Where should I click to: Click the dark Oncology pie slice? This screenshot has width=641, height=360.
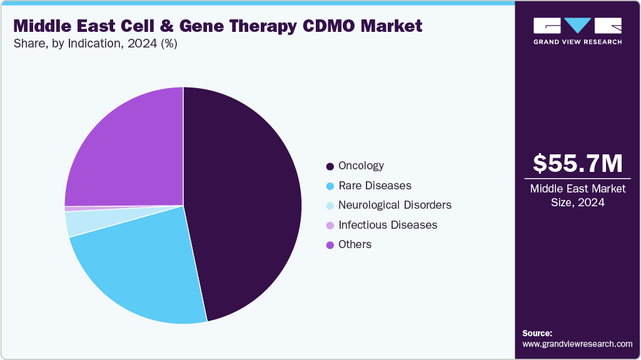click(x=244, y=200)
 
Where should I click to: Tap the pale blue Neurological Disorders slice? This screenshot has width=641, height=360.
click(x=78, y=222)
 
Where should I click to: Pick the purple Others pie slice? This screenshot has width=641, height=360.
click(x=125, y=150)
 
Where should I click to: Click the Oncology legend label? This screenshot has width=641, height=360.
click(x=361, y=166)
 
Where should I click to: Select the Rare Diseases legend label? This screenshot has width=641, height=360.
click(x=375, y=186)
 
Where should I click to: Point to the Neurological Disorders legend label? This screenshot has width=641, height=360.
click(x=395, y=205)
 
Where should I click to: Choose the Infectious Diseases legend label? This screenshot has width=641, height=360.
click(x=387, y=224)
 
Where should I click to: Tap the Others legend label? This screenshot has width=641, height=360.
click(x=355, y=244)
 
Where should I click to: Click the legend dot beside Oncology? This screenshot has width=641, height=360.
click(x=330, y=166)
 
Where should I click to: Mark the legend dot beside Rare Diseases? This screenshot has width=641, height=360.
click(x=330, y=186)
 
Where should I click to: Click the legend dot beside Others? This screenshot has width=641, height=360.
click(x=330, y=245)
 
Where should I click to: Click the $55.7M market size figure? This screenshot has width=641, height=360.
click(x=577, y=163)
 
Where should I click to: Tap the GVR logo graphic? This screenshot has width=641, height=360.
click(x=577, y=26)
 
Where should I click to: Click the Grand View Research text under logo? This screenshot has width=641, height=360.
click(x=577, y=42)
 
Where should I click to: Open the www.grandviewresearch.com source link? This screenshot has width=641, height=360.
click(x=577, y=344)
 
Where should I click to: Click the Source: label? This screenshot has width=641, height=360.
click(x=537, y=333)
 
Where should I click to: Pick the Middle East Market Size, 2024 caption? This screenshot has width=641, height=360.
click(x=577, y=196)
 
